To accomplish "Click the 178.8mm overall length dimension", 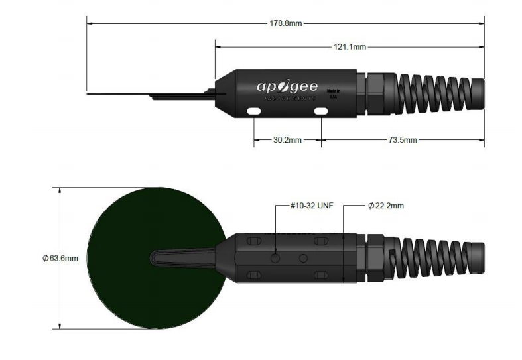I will click(285, 23).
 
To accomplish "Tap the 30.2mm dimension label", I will click(287, 140).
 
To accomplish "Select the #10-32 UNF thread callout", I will click(311, 206).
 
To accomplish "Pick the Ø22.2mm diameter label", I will click(385, 206).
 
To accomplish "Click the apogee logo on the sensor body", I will click(287, 87).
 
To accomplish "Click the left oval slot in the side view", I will click(253, 111).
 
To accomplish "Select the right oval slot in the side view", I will click(321, 111).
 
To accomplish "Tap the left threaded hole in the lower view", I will click(276, 257).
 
